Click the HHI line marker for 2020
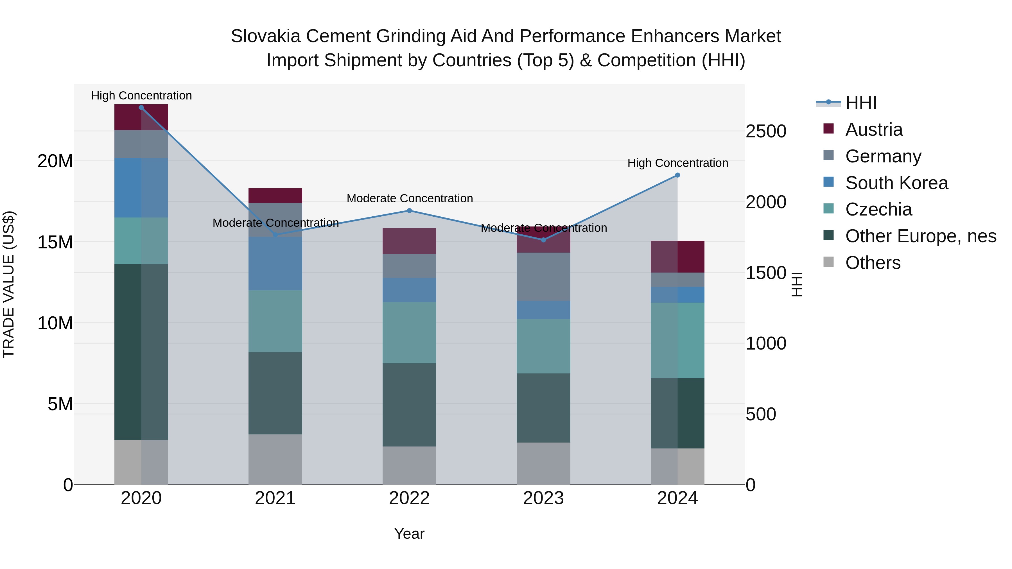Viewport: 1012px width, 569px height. pos(141,108)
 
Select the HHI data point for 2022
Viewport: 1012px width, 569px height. pos(409,211)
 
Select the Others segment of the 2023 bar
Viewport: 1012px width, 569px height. pos(543,463)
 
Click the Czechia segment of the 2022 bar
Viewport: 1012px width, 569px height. pos(409,333)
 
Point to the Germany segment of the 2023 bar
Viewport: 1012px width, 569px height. pos(543,276)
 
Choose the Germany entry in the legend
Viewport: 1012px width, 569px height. pos(883,156)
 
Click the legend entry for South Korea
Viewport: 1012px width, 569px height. pos(896,183)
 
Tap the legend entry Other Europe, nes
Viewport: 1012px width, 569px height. pos(920,236)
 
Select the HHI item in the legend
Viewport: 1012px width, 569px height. pos(860,103)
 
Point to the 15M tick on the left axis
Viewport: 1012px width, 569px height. pos(55,242)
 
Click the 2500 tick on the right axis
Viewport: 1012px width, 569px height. pos(766,131)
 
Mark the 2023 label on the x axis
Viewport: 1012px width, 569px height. pos(543,498)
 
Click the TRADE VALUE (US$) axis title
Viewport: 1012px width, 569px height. pos(9,284)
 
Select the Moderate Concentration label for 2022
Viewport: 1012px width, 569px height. pos(409,199)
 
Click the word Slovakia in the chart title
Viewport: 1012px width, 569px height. pos(265,36)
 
